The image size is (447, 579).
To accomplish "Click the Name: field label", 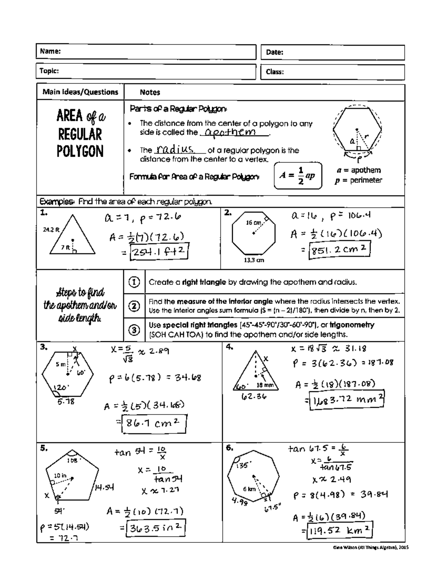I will coord(51,51).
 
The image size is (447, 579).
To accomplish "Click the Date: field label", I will coord(275,53).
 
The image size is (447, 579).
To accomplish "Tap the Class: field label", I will coord(275,72).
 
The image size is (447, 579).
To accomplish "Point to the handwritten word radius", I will coord(175,150).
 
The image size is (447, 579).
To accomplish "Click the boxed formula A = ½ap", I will coord(298,176).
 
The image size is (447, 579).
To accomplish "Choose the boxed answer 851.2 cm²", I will coord(339,250).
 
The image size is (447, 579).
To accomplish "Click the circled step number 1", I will coord(134,282).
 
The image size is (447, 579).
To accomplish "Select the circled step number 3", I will coord(134,330).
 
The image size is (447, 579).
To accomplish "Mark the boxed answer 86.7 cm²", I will coord(154,423).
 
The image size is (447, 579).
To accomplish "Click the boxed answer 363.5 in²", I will coord(156,528).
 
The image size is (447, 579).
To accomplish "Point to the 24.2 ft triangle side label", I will coord(51,230).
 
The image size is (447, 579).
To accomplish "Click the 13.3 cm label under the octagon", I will coord(254,260).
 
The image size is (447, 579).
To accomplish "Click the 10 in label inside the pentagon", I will coord(60,475).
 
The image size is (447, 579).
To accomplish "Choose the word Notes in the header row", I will coord(150,92).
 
